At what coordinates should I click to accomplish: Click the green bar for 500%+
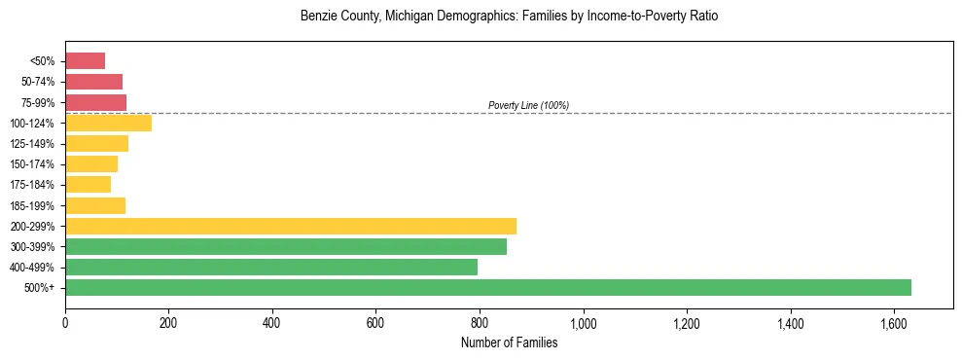pyautogui.click(x=487, y=287)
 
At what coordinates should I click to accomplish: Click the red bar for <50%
pyautogui.click(x=85, y=60)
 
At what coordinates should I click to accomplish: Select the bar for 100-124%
pyautogui.click(x=108, y=123)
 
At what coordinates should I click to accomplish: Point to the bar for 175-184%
pyautogui.click(x=88, y=184)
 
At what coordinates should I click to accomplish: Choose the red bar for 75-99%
pyautogui.click(x=95, y=102)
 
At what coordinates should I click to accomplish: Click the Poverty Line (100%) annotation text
pyautogui.click(x=528, y=105)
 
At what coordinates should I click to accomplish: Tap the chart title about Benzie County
pyautogui.click(x=509, y=18)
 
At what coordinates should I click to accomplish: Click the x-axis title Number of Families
pyautogui.click(x=509, y=342)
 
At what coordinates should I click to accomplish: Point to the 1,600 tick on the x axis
pyautogui.click(x=894, y=322)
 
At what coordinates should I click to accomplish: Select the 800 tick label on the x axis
pyautogui.click(x=480, y=322)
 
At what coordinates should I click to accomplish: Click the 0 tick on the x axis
pyautogui.click(x=65, y=322)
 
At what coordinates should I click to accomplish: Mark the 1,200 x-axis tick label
pyautogui.click(x=687, y=322)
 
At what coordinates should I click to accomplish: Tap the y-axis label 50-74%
pyautogui.click(x=38, y=82)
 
